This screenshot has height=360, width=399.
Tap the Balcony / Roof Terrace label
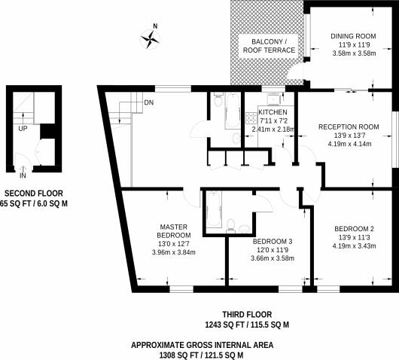pos(268,45)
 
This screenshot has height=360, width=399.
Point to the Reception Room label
pos(348,127)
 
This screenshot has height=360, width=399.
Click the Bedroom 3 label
pos(271,241)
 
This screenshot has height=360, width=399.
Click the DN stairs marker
pos(150,103)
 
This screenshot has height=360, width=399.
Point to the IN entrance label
pos(23,175)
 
